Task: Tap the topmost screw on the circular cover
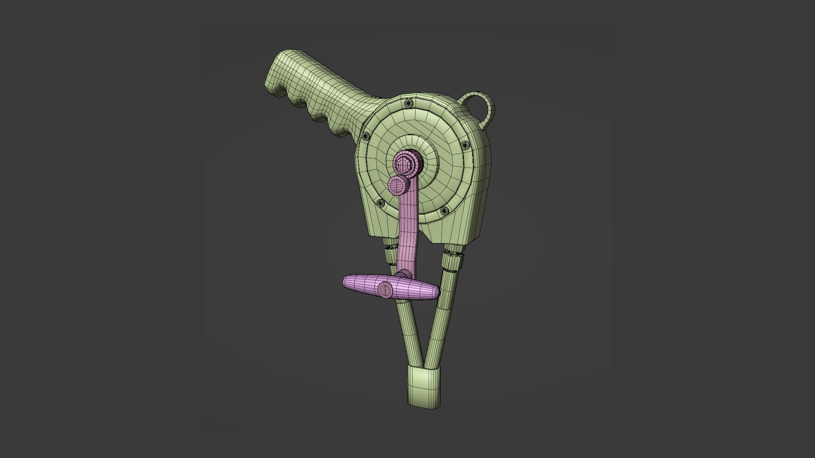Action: (x=408, y=103)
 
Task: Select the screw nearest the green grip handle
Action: (x=365, y=136)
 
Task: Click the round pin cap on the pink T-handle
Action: (x=386, y=289)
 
